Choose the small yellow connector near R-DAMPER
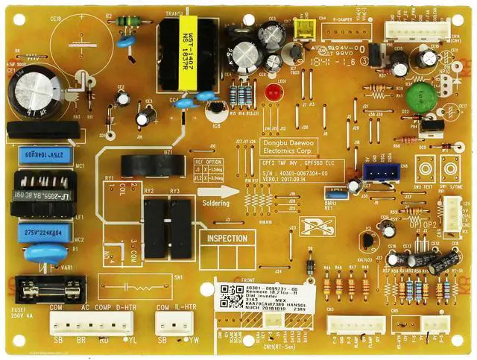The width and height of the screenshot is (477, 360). click(301, 28)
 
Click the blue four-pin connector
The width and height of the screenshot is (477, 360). click(380, 174)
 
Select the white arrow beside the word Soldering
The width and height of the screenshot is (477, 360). click(230, 191)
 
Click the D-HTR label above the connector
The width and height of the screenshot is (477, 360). click(117, 307)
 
